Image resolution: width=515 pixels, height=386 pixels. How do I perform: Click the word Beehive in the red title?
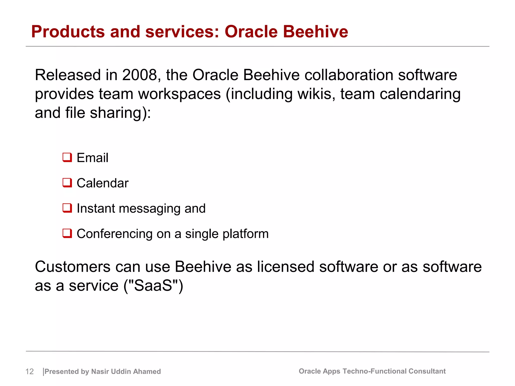pos(316,32)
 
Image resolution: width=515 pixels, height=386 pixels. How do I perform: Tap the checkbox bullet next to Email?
pos(67,158)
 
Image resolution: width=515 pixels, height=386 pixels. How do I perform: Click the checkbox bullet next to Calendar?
pos(67,183)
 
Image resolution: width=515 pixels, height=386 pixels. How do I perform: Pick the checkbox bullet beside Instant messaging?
pos(67,208)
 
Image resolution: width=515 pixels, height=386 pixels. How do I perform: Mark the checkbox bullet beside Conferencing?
pos(67,233)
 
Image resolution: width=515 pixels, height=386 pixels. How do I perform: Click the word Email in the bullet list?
pos(93,158)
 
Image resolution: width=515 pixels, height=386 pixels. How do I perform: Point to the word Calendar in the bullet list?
pos(103,183)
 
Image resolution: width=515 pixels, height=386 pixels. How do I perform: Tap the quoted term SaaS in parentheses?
pos(153,286)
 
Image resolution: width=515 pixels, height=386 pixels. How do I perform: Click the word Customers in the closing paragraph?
pos(73,267)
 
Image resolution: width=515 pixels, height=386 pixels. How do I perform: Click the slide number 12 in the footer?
pos(29,371)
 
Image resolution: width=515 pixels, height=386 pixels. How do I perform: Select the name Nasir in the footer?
pos(100,371)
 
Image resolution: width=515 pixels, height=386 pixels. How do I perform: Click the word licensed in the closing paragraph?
pos(286,267)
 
